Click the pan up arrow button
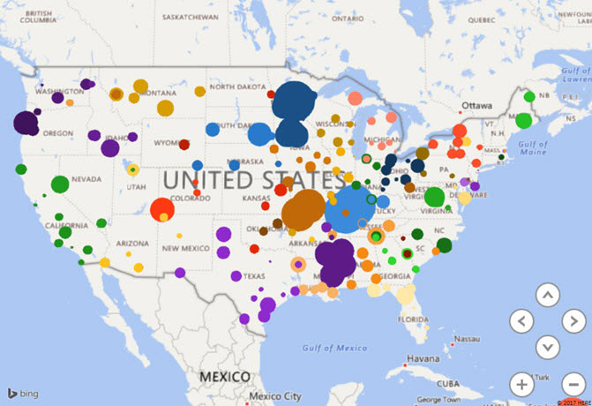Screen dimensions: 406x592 [548, 294]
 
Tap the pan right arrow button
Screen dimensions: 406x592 [574, 320]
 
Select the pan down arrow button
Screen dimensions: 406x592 [548, 347]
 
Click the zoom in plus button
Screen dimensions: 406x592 [522, 385]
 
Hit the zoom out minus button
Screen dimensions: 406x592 [574, 385]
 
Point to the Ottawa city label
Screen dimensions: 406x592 [476, 105]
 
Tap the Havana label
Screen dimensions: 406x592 [424, 359]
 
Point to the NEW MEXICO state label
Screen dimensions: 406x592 [184, 248]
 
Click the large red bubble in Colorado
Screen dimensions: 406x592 [162, 210]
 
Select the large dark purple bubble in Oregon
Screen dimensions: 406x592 [26, 122]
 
